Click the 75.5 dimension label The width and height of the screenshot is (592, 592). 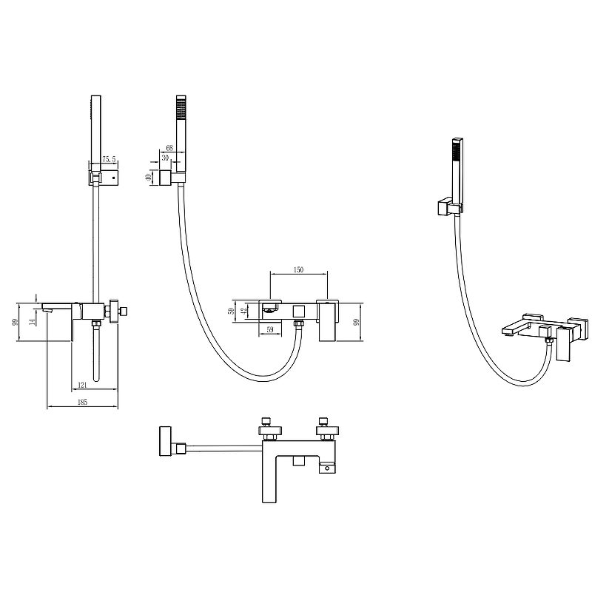coord(109,159)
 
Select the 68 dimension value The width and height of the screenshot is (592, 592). coord(169,148)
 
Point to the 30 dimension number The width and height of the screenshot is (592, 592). coord(165,158)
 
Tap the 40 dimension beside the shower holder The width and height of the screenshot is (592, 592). coord(149,176)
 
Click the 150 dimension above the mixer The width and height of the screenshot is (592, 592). coord(298,270)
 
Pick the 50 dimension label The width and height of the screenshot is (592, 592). coord(232,311)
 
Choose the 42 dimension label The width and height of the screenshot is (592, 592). coord(244,311)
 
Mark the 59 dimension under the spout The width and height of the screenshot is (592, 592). coord(270,329)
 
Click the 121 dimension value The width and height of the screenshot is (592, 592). coord(82,385)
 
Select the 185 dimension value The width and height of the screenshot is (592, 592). coord(82,402)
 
